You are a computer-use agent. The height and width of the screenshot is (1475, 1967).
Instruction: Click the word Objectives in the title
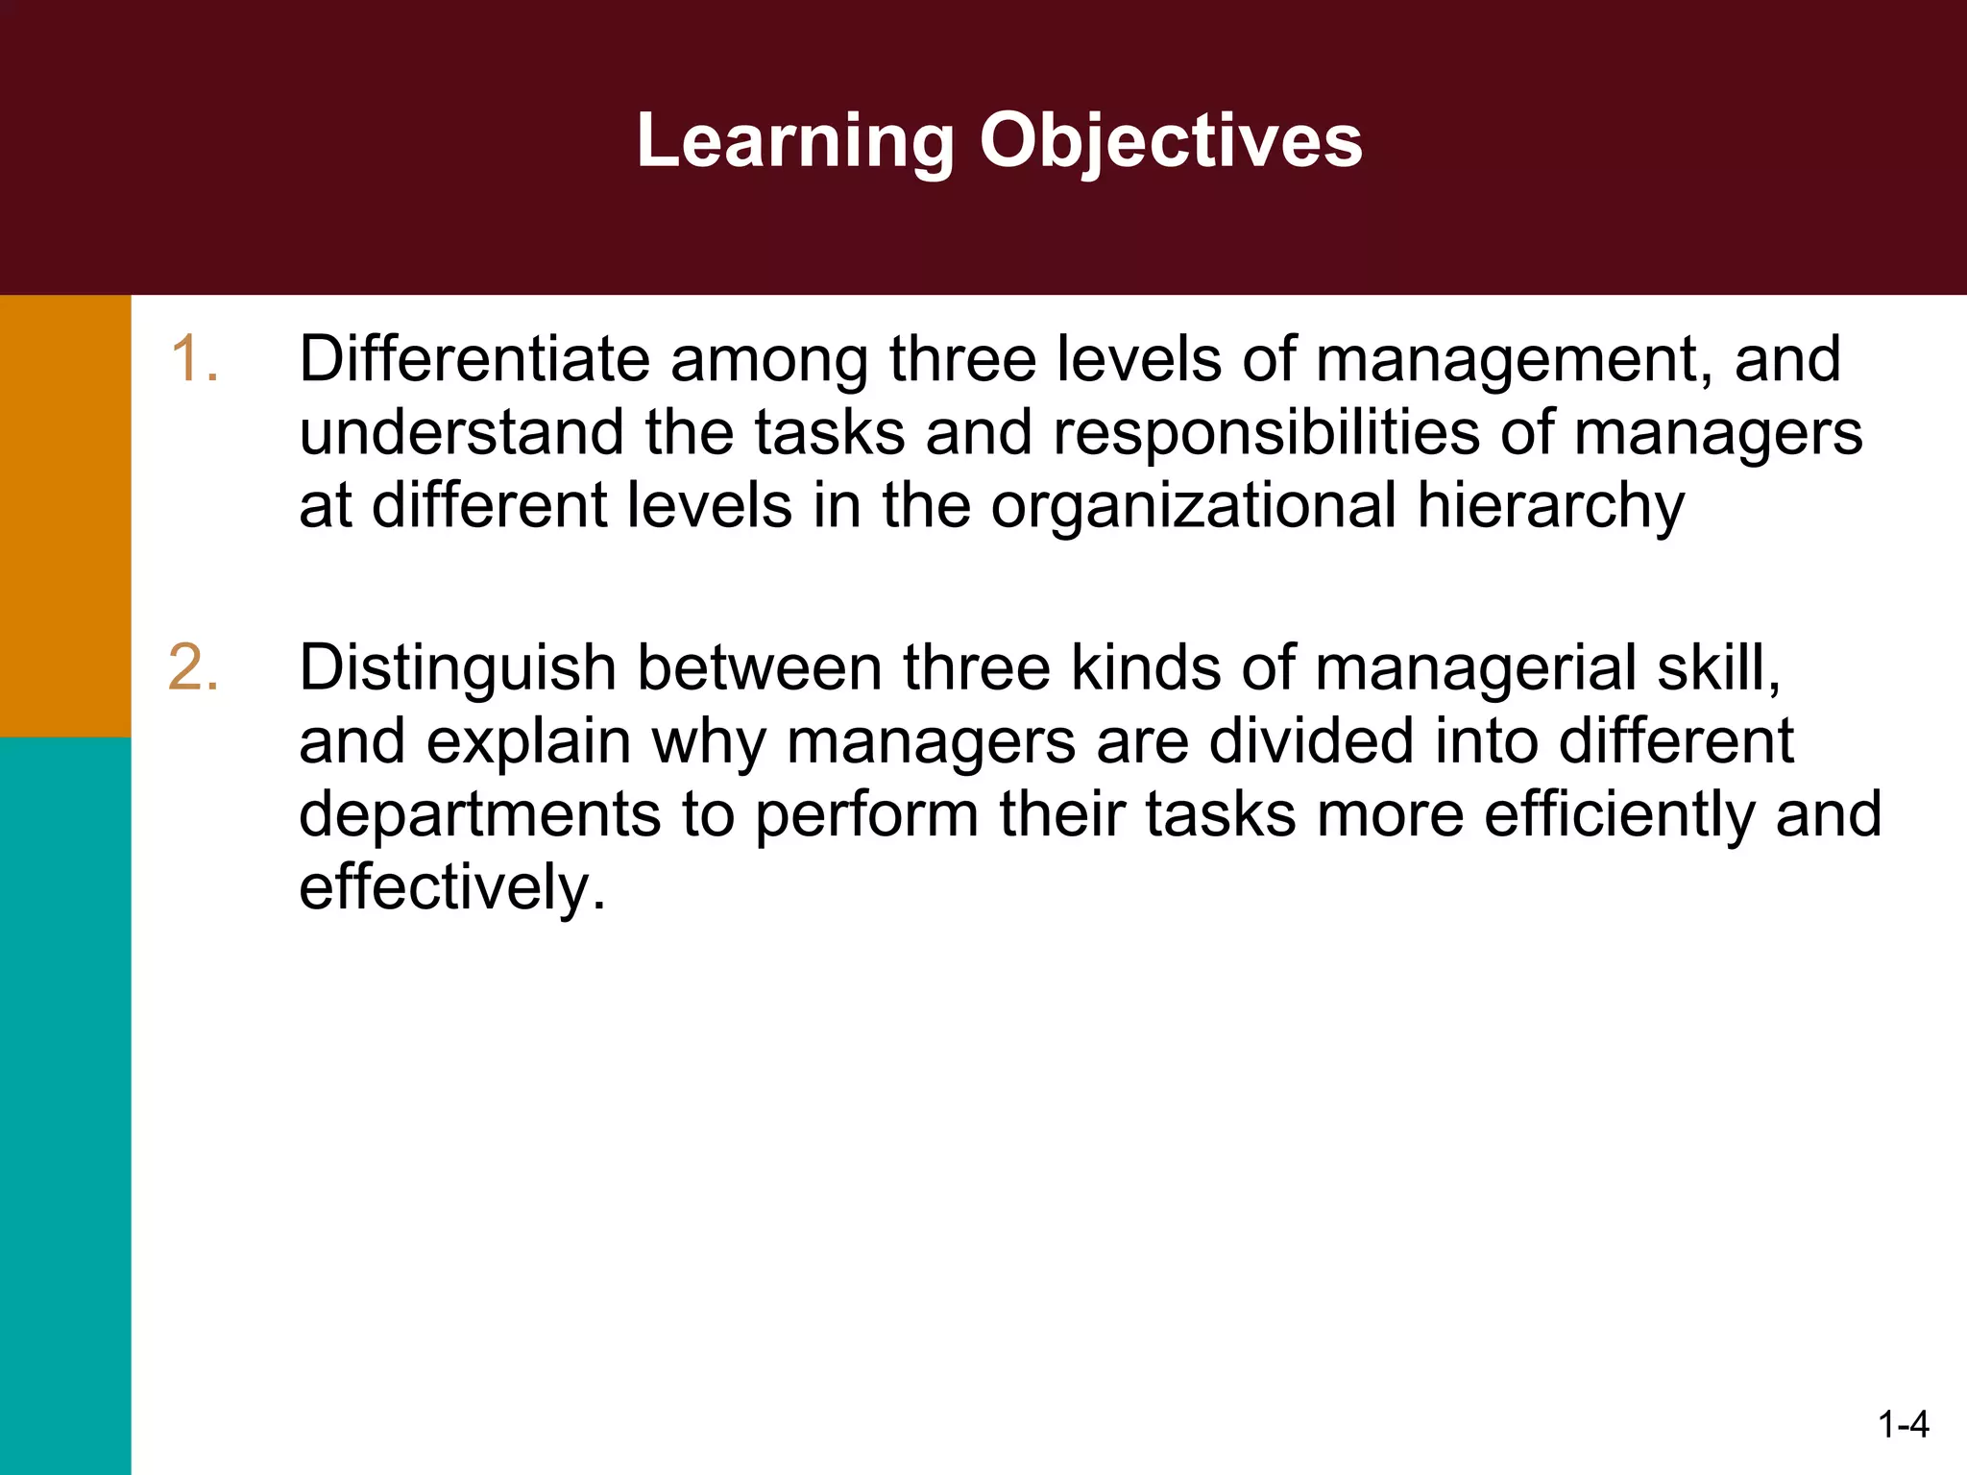pos(1171,141)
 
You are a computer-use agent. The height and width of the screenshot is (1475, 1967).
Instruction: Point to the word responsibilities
pos(1267,432)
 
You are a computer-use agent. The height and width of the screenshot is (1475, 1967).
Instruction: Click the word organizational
pos(1194,506)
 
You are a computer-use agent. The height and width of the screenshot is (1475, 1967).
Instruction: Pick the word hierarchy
pos(1550,506)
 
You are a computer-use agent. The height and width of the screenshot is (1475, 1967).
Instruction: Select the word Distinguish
pos(457,667)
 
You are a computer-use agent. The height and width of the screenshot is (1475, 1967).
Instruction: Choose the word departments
pos(480,814)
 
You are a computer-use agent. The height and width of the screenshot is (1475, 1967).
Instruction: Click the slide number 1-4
pos(1903,1424)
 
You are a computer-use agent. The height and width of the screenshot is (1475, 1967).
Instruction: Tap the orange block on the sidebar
pos(65,516)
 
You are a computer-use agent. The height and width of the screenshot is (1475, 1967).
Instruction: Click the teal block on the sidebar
pos(65,1104)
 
